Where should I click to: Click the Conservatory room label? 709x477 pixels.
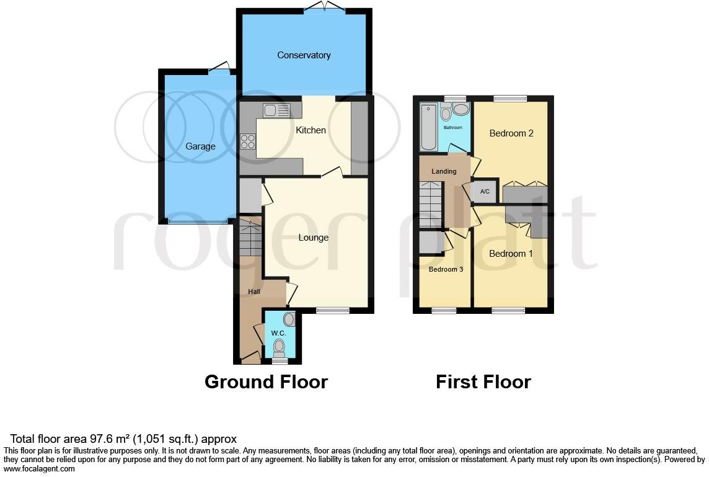click(x=304, y=55)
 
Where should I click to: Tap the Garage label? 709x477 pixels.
click(x=200, y=146)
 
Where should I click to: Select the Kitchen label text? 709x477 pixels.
click(x=310, y=130)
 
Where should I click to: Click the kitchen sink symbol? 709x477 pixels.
click(x=276, y=110)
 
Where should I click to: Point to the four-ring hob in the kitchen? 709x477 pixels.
click(x=248, y=141)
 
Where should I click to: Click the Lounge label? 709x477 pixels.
click(x=313, y=238)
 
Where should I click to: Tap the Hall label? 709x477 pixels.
click(x=254, y=292)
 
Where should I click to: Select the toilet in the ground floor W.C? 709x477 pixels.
click(x=280, y=346)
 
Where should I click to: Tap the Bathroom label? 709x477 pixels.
click(x=452, y=128)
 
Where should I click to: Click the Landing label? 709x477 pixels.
click(x=443, y=172)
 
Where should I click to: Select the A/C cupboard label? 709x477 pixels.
click(x=485, y=192)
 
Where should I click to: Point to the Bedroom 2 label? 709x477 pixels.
click(x=511, y=133)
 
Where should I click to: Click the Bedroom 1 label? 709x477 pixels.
click(x=511, y=254)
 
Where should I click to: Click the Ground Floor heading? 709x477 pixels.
click(x=266, y=381)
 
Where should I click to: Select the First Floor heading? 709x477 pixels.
click(x=483, y=381)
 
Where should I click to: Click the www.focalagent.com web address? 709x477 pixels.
click(x=40, y=469)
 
